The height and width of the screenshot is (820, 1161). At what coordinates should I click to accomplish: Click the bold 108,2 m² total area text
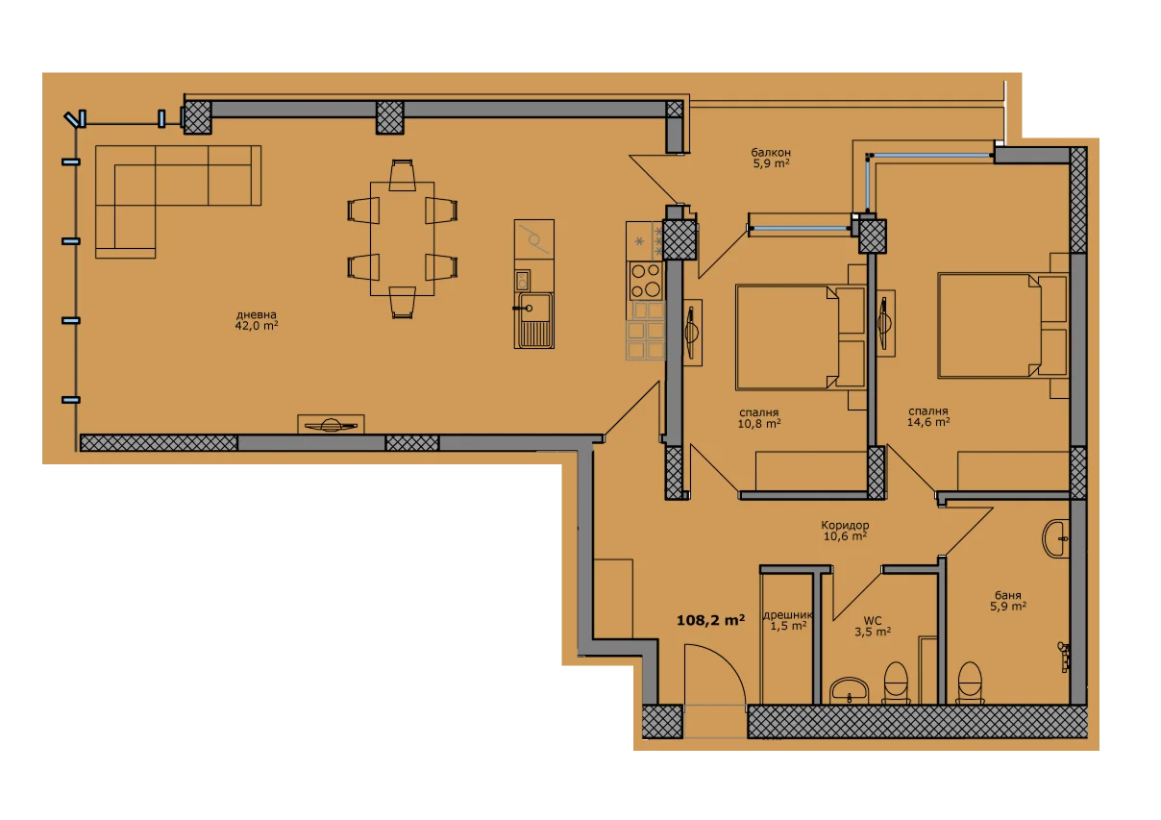point(710,620)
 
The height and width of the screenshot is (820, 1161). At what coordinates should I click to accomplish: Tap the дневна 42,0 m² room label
point(257,320)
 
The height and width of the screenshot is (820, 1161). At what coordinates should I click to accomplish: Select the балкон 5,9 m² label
point(771,158)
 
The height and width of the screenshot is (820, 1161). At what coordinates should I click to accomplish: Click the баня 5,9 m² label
point(1008,601)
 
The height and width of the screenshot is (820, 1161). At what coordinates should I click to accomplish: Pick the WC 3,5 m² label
point(873,626)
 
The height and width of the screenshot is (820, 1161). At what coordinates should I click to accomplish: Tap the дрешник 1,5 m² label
point(788,620)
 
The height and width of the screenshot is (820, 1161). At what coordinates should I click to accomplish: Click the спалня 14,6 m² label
point(928,417)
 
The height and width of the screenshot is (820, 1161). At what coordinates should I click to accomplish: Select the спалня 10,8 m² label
point(759,418)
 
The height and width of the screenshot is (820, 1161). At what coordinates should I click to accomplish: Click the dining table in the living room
point(402,238)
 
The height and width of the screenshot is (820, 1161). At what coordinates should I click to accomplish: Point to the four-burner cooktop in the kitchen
point(646,281)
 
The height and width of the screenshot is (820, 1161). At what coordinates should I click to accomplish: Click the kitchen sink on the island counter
point(533,320)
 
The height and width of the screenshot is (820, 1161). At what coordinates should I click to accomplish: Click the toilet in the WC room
point(896,683)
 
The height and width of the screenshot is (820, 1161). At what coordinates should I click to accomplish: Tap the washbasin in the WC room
point(849,690)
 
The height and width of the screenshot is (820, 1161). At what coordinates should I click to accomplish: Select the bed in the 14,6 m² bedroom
point(1003,326)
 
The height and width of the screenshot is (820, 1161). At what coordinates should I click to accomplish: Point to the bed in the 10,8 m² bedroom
point(801,336)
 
